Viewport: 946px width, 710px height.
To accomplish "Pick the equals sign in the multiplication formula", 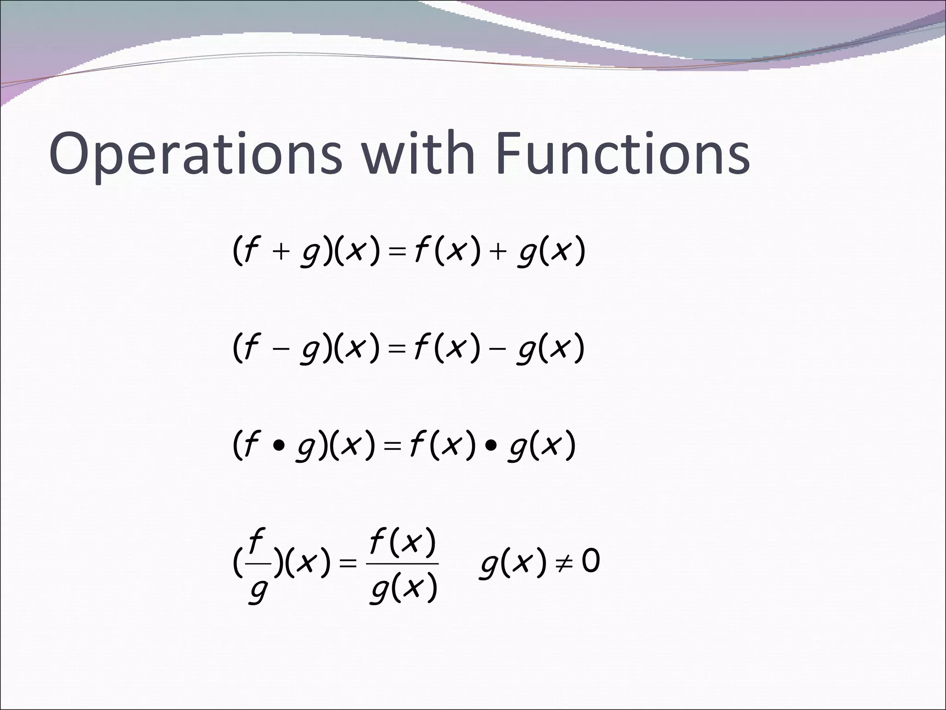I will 392,447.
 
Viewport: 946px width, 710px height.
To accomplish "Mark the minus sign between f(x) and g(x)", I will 498,349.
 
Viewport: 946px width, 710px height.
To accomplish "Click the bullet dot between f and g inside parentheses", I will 277,447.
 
